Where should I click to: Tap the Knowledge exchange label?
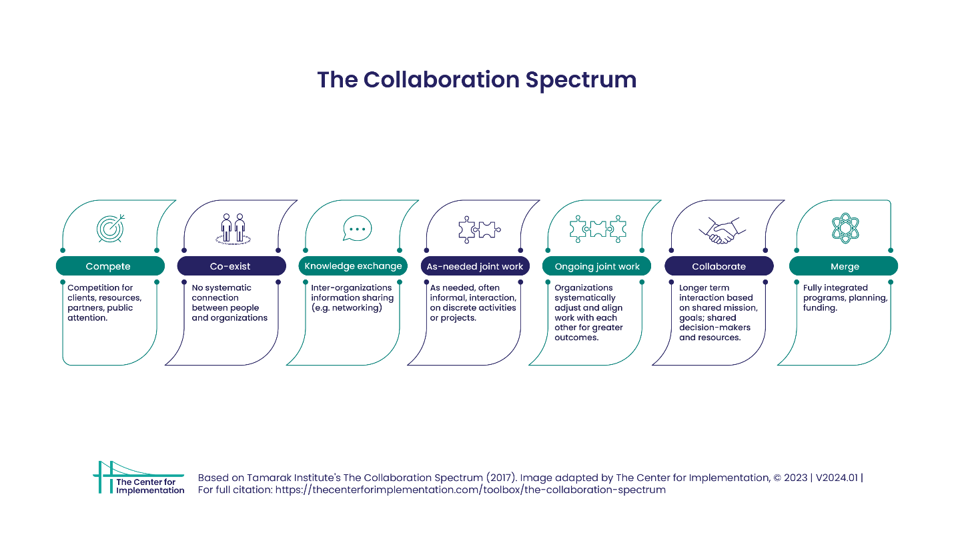[x=353, y=266]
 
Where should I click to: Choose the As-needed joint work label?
[x=475, y=266]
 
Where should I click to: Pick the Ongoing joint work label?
[x=596, y=266]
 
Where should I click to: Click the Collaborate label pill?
[x=719, y=266]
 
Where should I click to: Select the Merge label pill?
[x=844, y=266]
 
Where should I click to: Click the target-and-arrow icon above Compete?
[x=111, y=228]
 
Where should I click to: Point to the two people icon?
[x=233, y=229]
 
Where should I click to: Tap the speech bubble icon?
[x=358, y=228]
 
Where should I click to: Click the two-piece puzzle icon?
[x=480, y=229]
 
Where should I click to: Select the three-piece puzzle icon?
[x=598, y=229]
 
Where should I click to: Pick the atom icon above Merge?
[x=845, y=228]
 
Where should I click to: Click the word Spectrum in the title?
[x=581, y=80]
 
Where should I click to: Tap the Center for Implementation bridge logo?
[x=139, y=478]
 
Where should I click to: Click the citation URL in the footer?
[x=470, y=490]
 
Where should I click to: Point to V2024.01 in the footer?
[x=837, y=478]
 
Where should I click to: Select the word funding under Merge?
[x=820, y=308]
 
